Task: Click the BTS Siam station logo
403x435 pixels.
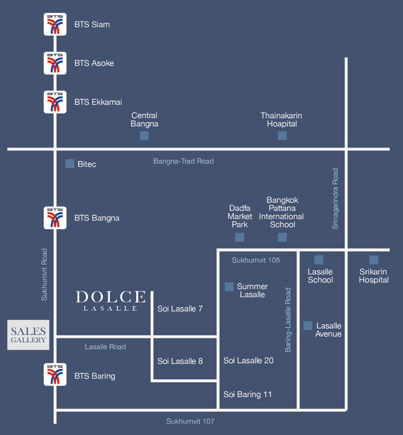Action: pos(55,24)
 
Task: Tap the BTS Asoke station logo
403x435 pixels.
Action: pos(55,63)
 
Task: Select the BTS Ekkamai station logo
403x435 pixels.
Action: pos(55,102)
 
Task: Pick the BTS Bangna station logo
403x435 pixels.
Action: pos(55,218)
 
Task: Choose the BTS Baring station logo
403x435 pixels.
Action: pos(55,374)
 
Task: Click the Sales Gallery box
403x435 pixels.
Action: pos(28,335)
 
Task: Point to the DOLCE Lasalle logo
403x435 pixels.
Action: pos(111,301)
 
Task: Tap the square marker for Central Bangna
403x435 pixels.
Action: pos(144,136)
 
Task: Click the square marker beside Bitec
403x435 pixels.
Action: pos(70,164)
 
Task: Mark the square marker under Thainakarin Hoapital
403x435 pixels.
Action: pos(282,136)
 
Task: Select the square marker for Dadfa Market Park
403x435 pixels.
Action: pos(240,237)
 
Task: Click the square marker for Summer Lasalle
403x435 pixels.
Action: pos(229,287)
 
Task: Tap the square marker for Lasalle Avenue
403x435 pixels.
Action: pos(308,326)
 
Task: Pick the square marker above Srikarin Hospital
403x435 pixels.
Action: pos(374,260)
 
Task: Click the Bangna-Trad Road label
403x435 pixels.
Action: pos(183,161)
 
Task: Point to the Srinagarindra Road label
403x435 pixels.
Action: pos(335,199)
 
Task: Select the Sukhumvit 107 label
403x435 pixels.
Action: pos(190,421)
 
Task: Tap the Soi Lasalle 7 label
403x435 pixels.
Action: pos(180,309)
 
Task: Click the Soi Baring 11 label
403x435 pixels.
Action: pos(248,394)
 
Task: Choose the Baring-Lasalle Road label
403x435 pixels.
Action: pos(288,320)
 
